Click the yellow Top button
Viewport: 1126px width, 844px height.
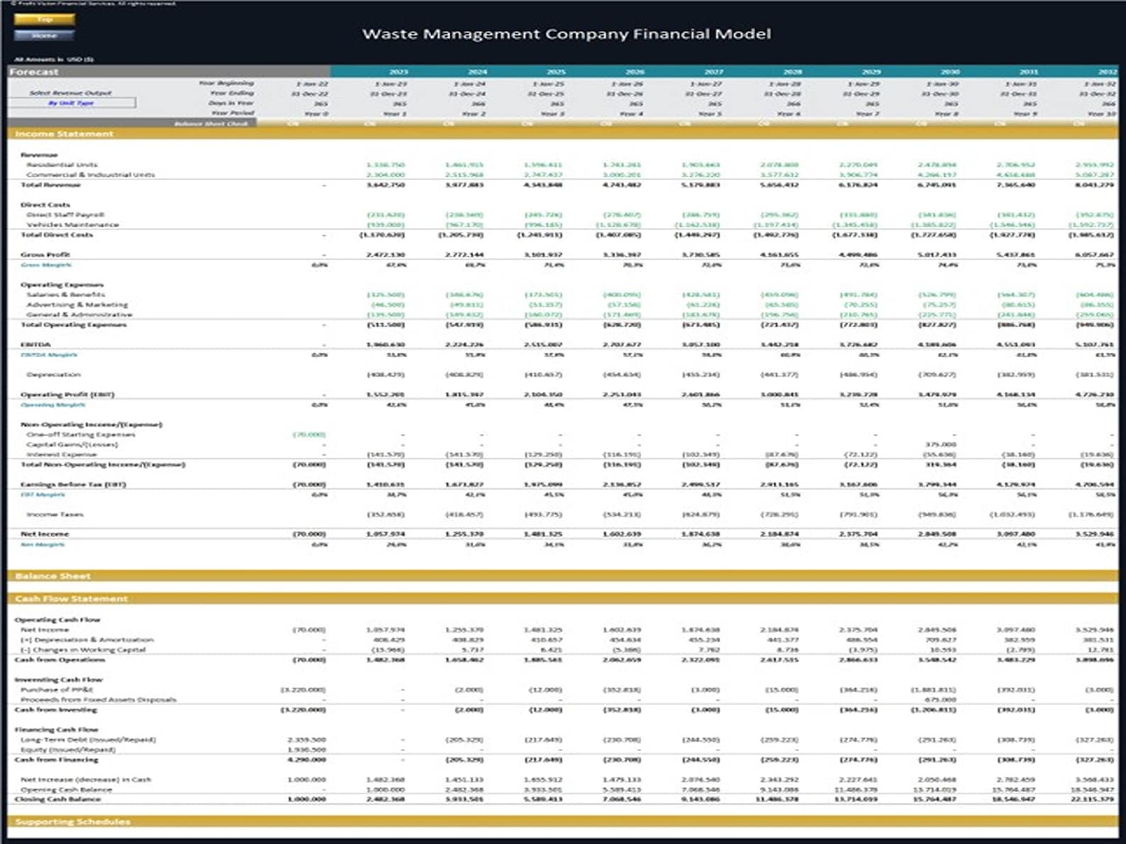tap(44, 19)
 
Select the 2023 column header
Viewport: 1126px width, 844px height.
tap(398, 72)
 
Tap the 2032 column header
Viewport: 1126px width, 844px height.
tap(1107, 72)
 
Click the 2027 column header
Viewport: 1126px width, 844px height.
tap(713, 72)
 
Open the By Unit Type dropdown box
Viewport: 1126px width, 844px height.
tap(72, 103)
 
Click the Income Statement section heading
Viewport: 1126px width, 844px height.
tap(64, 134)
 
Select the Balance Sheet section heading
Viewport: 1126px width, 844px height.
tap(52, 576)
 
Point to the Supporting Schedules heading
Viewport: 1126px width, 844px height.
tap(72, 822)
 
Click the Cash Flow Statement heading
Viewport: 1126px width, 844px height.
tap(71, 599)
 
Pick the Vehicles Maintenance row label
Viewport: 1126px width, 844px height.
tap(72, 225)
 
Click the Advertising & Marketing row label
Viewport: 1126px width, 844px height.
tap(77, 305)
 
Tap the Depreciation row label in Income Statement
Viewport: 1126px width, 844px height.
tap(53, 374)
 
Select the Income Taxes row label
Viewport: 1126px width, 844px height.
tap(55, 514)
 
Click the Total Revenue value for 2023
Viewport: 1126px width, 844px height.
tap(386, 185)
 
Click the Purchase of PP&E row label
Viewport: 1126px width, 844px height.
tap(57, 690)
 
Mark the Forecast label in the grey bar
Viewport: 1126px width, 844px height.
tap(34, 72)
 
